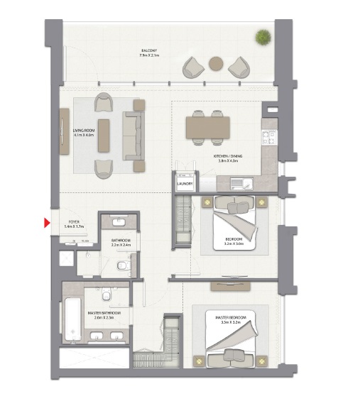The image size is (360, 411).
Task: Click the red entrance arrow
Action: coord(47,224)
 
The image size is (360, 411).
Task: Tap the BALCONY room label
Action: coord(148,50)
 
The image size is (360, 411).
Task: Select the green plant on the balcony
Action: coord(263,37)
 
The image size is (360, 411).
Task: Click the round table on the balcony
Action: coord(217,64)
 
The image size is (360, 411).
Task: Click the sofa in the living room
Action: coord(133,135)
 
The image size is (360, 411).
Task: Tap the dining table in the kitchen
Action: coord(207,128)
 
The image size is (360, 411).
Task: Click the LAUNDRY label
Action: coord(185,184)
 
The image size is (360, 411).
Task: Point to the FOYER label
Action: coord(73,222)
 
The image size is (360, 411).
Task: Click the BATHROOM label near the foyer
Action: coord(120,241)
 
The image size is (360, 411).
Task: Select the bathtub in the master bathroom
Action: coord(72,319)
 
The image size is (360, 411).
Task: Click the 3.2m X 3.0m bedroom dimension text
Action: coord(233,242)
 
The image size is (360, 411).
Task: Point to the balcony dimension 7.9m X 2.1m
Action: coord(148,55)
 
